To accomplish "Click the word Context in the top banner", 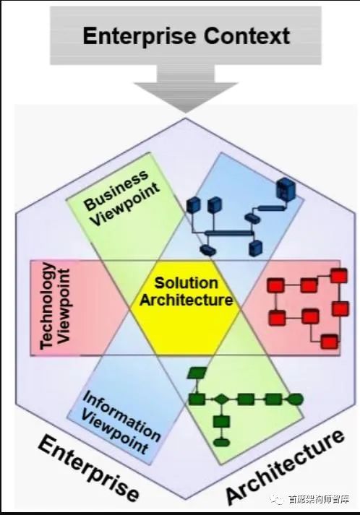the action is pos(247,36).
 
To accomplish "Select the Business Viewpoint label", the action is pos(121,198).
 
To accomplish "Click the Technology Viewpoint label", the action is pos(54,306).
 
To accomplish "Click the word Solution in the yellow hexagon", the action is pos(186,283).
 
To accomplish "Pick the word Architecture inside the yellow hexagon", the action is pos(186,300).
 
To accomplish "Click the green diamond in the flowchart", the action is pos(221,399).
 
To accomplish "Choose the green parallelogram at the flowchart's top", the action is pos(197,373).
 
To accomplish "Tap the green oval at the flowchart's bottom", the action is pos(221,442).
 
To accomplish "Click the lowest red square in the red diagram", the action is pos(329,342).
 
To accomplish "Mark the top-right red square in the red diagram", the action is pos(338,276).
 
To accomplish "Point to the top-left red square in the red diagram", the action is pos(275,285).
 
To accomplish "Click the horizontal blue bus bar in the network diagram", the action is pos(229,233).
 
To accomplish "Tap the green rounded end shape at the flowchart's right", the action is pos(295,399).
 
